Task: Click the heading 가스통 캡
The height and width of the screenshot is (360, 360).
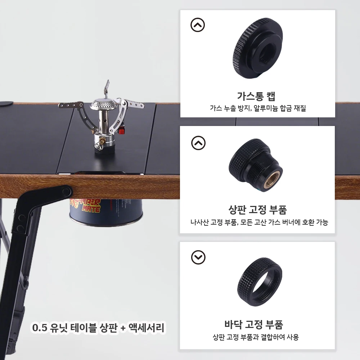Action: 256,96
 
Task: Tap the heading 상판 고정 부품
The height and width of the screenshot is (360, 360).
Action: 257,210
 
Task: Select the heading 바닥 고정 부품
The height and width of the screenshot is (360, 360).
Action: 254,324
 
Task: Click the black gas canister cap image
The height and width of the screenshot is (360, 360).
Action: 258,48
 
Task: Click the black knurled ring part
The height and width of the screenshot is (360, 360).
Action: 260,282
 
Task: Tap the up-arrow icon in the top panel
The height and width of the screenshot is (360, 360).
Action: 197,25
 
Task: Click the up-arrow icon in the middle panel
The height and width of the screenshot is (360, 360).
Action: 198,143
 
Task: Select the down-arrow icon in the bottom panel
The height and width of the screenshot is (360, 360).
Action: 198,257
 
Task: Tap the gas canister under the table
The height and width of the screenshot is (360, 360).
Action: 106,211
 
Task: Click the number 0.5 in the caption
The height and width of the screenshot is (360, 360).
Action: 40,328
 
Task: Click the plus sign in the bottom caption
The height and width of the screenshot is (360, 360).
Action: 123,328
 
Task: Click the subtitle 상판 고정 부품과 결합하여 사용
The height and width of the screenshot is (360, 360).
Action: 256,337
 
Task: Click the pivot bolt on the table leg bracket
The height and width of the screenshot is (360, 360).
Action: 66,191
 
